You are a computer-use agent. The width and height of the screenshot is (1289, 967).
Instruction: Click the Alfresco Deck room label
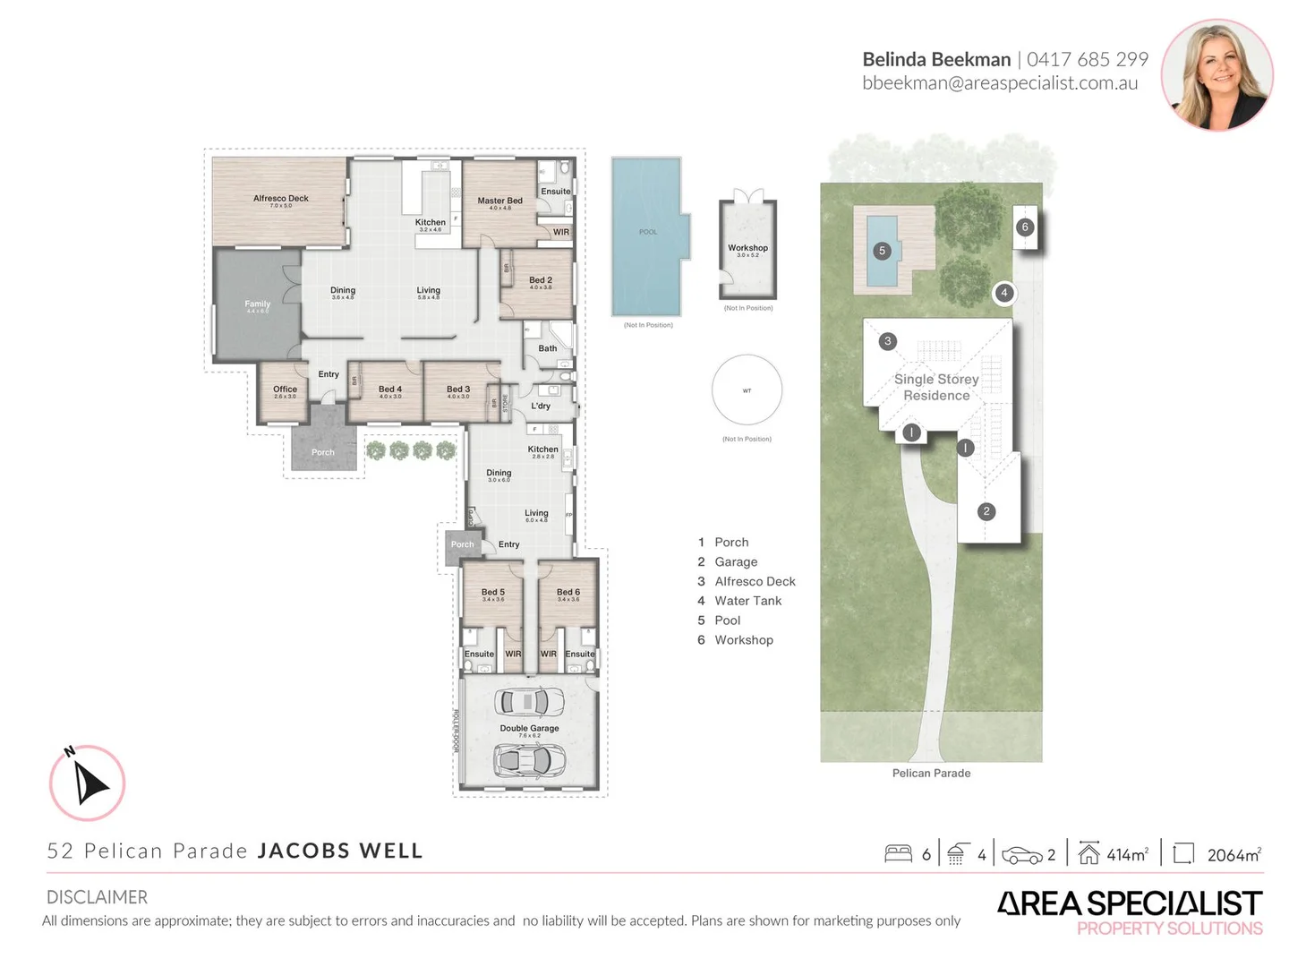[x=280, y=199]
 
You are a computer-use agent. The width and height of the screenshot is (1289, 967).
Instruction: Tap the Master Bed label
[x=499, y=201]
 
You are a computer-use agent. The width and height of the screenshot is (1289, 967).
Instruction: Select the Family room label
[x=257, y=304]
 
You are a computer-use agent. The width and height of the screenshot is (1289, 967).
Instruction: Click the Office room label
[x=285, y=389]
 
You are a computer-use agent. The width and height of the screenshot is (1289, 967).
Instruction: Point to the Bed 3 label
[x=458, y=389]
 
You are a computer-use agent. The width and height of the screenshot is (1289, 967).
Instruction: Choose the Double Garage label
[x=529, y=729]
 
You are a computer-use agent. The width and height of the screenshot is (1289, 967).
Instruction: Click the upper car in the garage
[x=529, y=702]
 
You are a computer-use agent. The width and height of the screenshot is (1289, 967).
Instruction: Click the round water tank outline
[x=747, y=390]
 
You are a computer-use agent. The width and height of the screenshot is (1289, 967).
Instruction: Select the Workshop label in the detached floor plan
[x=747, y=248]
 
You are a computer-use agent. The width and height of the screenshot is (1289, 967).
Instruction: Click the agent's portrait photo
[x=1216, y=74]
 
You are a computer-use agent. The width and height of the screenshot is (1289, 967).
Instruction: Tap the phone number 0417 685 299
[x=1087, y=59]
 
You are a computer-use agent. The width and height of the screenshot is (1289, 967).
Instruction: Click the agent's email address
[x=1000, y=83]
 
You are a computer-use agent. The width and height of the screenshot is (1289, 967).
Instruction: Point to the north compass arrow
[x=88, y=783]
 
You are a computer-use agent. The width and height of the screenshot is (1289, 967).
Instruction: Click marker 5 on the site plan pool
[x=882, y=251]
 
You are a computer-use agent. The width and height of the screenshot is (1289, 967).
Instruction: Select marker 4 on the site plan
[x=1004, y=293]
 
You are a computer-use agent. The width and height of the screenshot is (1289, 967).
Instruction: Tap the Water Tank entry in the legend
[x=747, y=601]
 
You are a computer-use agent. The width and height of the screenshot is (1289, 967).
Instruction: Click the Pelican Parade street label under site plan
[x=931, y=773]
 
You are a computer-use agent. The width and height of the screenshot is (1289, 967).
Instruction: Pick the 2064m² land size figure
[x=1234, y=855]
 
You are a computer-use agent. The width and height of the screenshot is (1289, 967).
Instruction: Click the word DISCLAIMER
[x=97, y=897]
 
